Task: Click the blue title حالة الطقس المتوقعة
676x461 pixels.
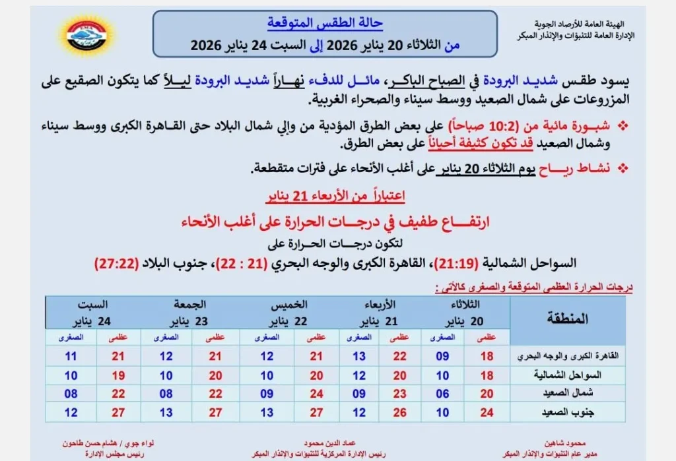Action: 325,22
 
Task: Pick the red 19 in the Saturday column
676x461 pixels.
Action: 119,375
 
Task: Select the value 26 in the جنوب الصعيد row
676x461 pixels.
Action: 399,412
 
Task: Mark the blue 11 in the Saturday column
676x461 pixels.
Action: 71,357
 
